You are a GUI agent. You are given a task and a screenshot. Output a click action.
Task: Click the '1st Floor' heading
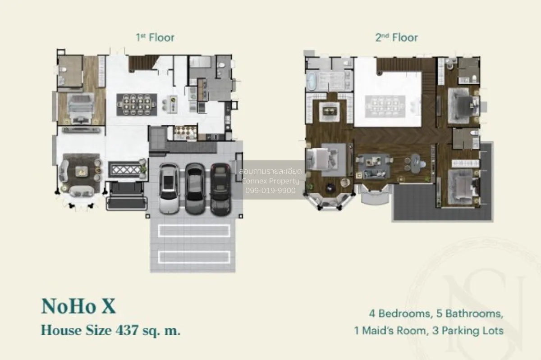(155, 38)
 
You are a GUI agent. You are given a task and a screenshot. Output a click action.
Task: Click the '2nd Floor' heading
(397, 38)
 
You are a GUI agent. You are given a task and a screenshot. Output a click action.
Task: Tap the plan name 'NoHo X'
(78, 306)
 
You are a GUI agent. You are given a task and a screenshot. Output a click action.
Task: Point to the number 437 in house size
(127, 330)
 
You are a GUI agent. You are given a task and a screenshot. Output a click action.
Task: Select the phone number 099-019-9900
(270, 191)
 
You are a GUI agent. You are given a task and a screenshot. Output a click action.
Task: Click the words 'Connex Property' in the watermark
(270, 181)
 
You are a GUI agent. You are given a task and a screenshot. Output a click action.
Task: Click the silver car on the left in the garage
(170, 189)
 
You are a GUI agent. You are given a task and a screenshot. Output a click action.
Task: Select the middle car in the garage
(195, 189)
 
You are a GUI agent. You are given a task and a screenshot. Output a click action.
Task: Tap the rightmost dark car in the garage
(221, 189)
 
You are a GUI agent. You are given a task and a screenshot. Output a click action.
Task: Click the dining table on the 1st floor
(137, 105)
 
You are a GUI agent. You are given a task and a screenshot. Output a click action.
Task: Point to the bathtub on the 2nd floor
(311, 82)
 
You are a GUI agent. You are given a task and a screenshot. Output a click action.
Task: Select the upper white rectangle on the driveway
(194, 231)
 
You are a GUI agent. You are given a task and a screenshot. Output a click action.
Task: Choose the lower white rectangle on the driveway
(194, 257)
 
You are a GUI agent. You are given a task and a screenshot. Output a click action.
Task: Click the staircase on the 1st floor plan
(141, 63)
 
